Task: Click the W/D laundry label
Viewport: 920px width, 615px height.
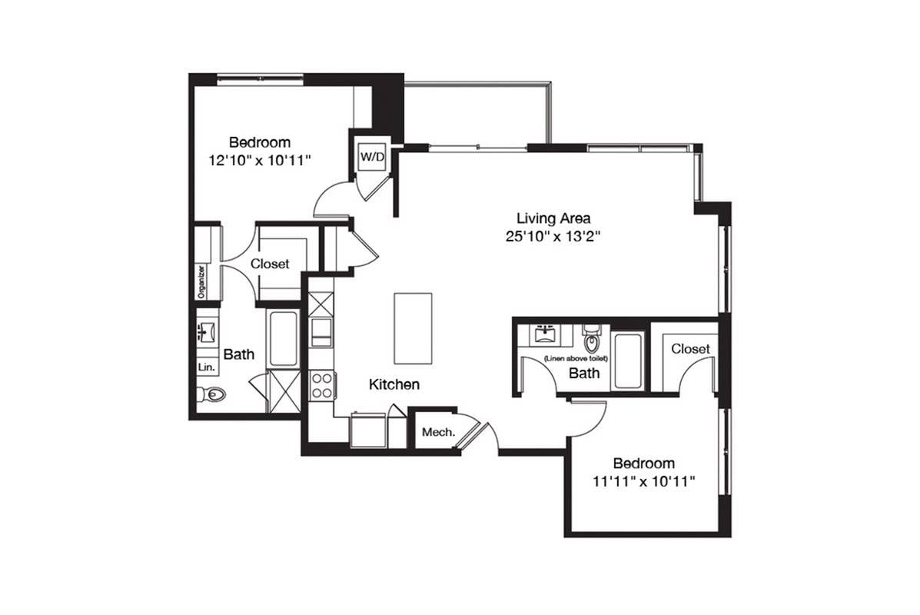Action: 372,157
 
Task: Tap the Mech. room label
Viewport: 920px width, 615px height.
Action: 438,433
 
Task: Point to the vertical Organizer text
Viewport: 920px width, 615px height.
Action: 201,281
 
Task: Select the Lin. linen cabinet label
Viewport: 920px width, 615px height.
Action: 207,367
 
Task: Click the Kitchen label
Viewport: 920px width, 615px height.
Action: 394,384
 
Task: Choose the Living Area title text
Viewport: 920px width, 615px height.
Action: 553,218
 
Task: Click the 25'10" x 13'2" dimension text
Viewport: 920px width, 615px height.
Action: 553,237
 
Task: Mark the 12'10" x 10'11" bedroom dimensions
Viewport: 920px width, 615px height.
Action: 259,160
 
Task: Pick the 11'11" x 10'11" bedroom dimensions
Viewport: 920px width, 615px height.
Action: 643,481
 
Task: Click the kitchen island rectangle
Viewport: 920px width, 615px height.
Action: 413,328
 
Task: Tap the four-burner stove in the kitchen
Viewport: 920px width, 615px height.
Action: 321,386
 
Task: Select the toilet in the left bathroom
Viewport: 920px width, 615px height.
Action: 211,395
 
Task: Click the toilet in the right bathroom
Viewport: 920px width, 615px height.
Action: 591,338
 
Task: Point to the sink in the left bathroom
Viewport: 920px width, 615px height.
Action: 206,333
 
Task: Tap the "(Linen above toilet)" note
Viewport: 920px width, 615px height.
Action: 576,358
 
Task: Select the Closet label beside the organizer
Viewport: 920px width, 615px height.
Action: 270,264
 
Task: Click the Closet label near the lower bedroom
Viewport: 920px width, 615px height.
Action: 690,349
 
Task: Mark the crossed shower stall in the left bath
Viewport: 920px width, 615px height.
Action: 284,391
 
